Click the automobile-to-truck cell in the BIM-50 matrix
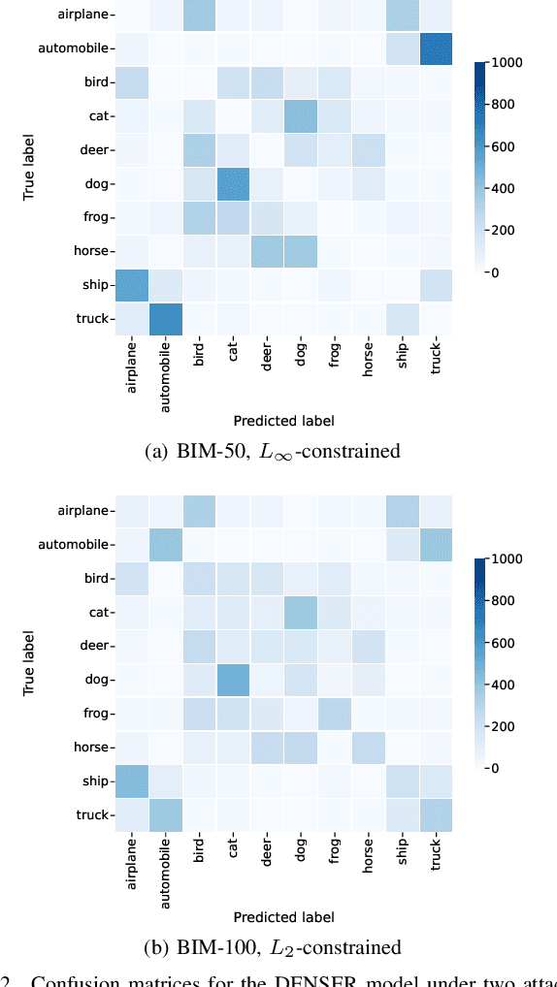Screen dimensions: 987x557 (435, 48)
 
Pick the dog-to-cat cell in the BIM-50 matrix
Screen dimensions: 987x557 (233, 182)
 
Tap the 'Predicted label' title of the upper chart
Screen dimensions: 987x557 (283, 421)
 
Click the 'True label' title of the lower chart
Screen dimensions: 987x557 (29, 663)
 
